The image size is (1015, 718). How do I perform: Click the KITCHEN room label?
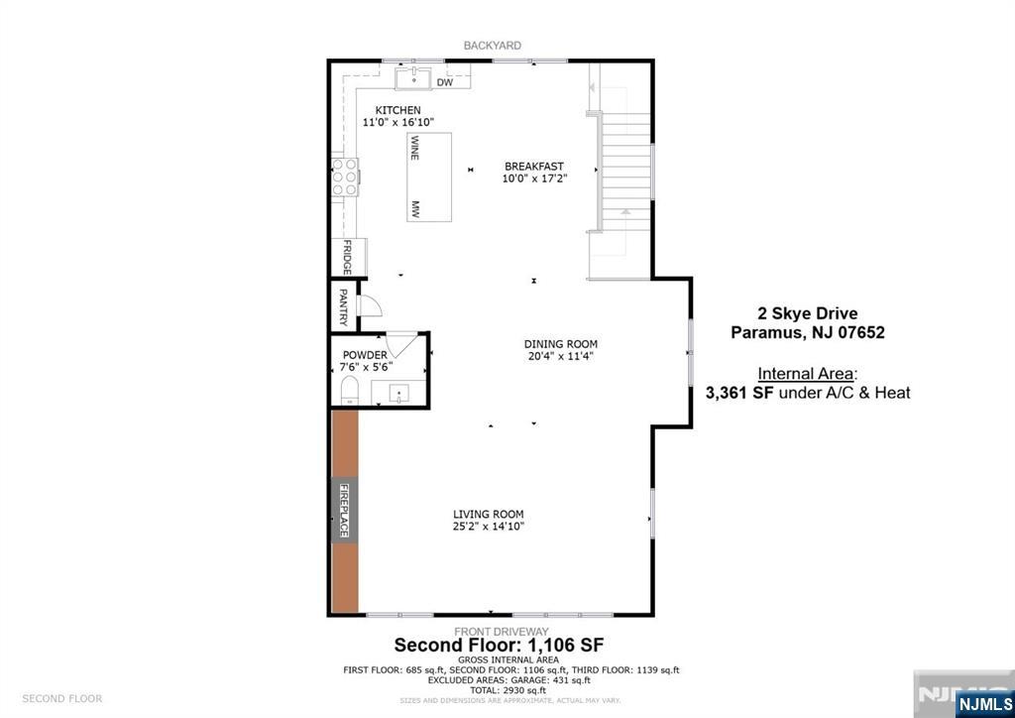(397, 110)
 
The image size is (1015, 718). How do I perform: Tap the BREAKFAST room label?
(534, 167)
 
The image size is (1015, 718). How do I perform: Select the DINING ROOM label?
(560, 344)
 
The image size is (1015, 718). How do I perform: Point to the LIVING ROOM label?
(488, 514)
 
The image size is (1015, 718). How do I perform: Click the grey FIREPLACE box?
(345, 512)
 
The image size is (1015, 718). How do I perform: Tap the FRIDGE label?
(347, 257)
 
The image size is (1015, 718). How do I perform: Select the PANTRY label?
(343, 306)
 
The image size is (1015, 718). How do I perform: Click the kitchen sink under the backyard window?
(413, 78)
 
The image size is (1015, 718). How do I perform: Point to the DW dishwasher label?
(445, 82)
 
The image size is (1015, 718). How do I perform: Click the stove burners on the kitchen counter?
(344, 177)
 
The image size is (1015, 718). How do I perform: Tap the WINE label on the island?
(415, 148)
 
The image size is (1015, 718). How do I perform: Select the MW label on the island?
(415, 209)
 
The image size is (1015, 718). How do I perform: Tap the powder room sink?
(399, 395)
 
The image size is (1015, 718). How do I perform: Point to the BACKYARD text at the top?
(493, 46)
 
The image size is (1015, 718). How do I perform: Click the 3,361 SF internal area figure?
(739, 393)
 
